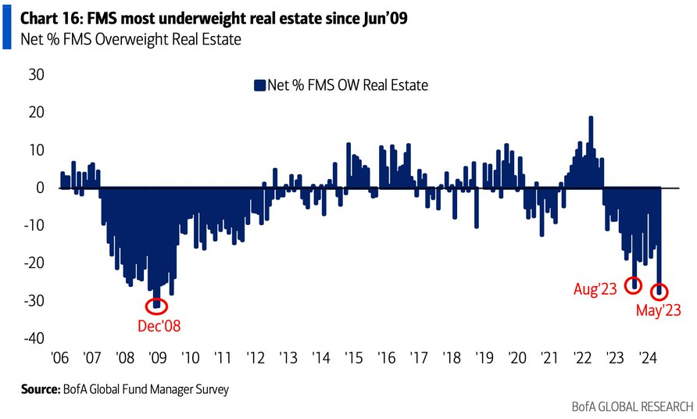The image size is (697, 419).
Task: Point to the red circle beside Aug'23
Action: pos(634,286)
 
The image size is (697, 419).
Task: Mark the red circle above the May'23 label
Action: pos(659,291)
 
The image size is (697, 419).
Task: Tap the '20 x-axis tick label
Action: pos(517,359)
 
